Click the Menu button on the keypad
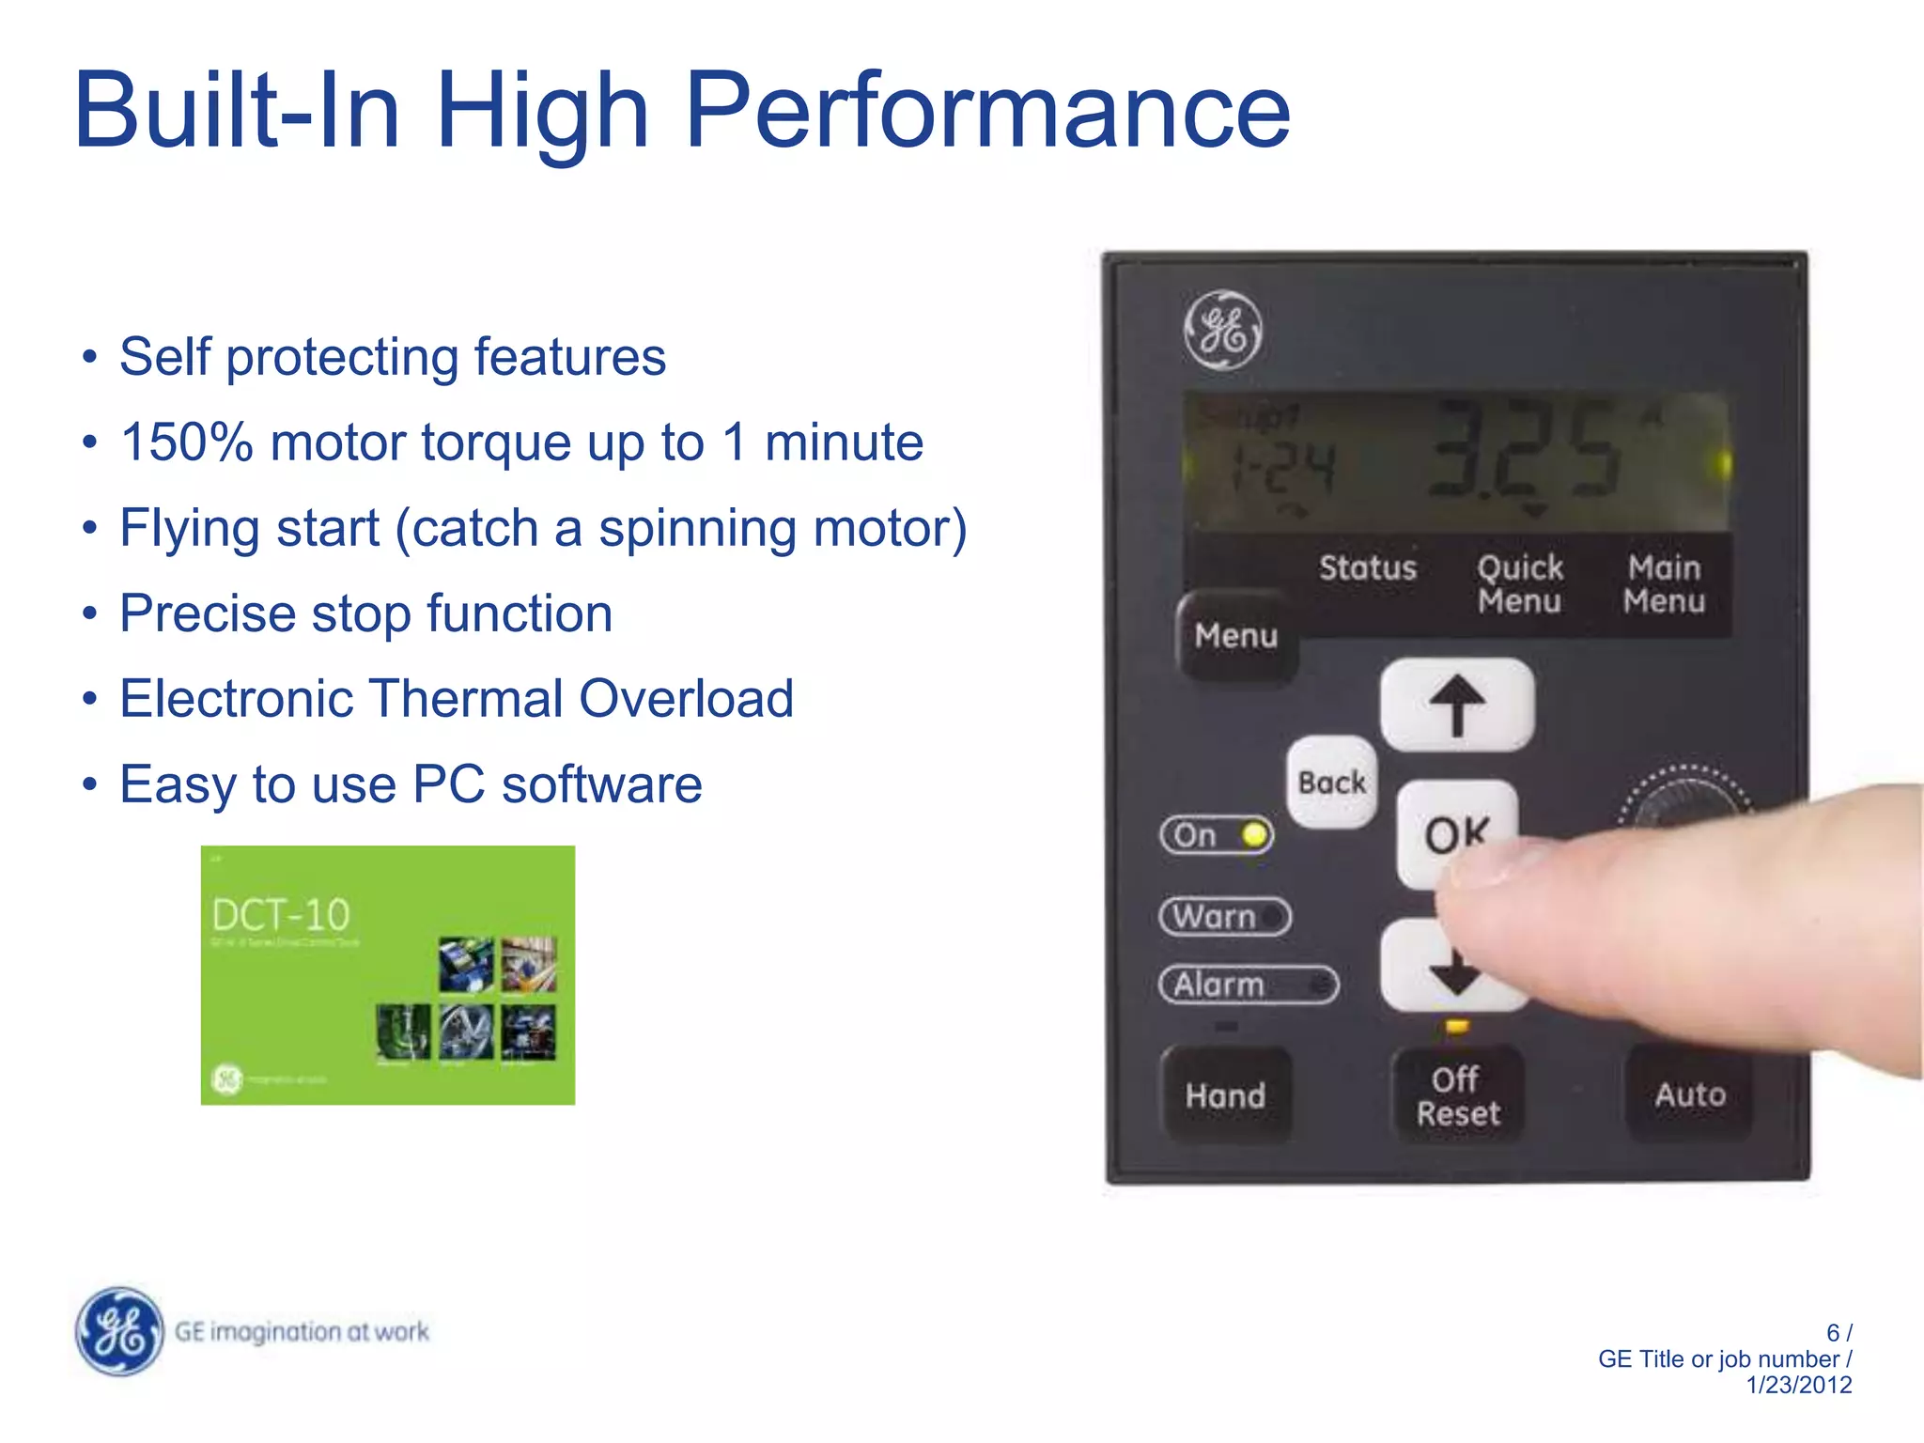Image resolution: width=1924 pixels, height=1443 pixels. pos(1236,636)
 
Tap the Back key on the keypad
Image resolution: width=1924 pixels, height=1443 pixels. pos(1331,783)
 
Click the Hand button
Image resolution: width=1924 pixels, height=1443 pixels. pos(1225,1095)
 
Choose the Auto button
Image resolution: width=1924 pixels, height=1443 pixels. pos(1690,1094)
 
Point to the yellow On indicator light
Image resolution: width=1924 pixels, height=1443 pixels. pos(1253,834)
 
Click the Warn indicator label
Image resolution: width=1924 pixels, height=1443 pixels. pos(1215,916)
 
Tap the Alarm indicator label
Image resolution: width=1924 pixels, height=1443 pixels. pos(1219,985)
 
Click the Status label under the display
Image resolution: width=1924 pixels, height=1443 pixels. pos(1367,567)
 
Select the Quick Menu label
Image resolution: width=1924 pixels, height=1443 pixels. pos(1519,583)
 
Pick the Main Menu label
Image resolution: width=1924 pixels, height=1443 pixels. pos(1664,583)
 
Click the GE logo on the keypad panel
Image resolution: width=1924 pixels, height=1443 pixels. pos(1222,330)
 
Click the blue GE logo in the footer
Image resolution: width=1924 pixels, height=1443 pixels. pos(119,1331)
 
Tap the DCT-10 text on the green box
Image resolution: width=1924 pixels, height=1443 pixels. pos(280,914)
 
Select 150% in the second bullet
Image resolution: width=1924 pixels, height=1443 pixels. pos(187,442)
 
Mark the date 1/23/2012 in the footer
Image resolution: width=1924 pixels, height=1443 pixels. pos(1798,1385)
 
